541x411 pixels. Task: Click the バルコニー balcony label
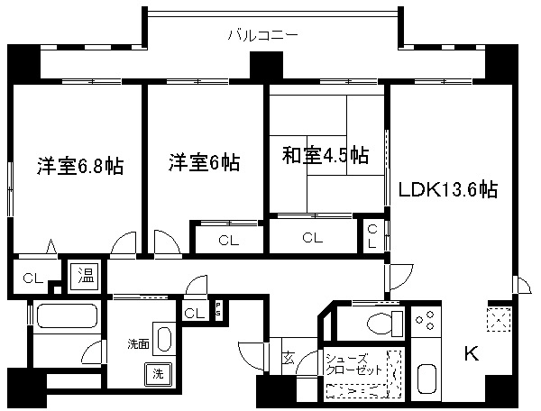coord(262,36)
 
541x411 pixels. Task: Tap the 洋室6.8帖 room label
coord(79,166)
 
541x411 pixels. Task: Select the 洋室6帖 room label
coord(204,163)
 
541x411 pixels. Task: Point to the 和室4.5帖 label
coord(324,154)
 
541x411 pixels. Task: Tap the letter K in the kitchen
coord(471,353)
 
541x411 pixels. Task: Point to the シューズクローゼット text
coord(354,363)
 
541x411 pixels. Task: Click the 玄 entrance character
coord(287,358)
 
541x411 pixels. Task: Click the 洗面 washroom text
coord(138,343)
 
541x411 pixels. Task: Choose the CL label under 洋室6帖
coord(227,240)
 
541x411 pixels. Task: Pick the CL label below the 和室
coord(312,239)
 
